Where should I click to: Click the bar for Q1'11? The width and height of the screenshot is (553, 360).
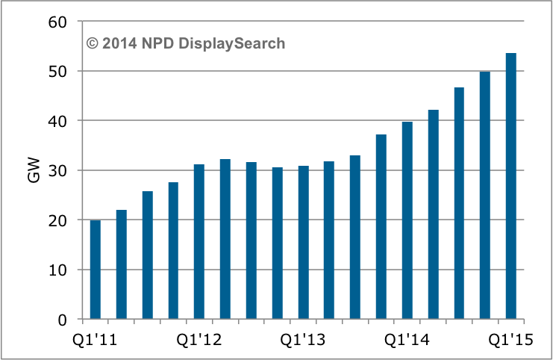click(95, 270)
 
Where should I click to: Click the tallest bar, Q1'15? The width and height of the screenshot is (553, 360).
click(511, 186)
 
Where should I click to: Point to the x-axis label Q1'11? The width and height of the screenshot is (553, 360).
click(95, 341)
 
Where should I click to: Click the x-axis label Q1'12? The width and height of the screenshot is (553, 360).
click(199, 341)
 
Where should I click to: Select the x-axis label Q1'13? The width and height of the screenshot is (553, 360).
click(303, 341)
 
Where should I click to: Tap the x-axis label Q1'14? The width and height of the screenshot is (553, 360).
click(407, 341)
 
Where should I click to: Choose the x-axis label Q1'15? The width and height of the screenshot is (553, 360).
click(511, 341)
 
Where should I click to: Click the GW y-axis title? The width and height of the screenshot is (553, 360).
click(34, 171)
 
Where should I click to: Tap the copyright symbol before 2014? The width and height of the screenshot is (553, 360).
click(93, 43)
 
